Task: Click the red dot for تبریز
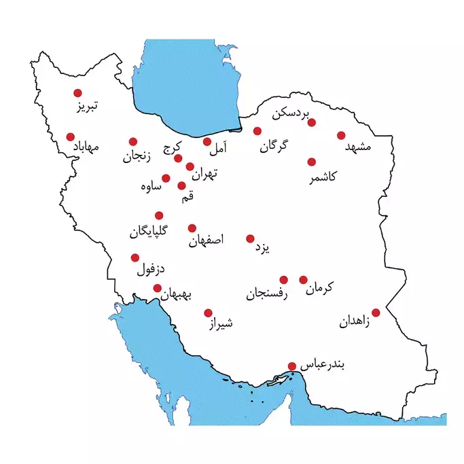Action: pos(77,93)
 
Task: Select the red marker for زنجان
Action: pos(134,141)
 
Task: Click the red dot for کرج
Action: pos(178,158)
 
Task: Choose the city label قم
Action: pos(188,197)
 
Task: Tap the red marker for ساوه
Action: pos(166,178)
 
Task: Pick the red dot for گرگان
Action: pos(257,130)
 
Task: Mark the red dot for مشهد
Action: pos(341,135)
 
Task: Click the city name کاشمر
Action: pos(325,177)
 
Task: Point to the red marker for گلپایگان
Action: pos(159,215)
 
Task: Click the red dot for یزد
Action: pos(250,238)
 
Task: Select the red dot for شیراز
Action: pos(208,313)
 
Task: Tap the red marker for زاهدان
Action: pos(376,313)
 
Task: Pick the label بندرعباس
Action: pos(323,365)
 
